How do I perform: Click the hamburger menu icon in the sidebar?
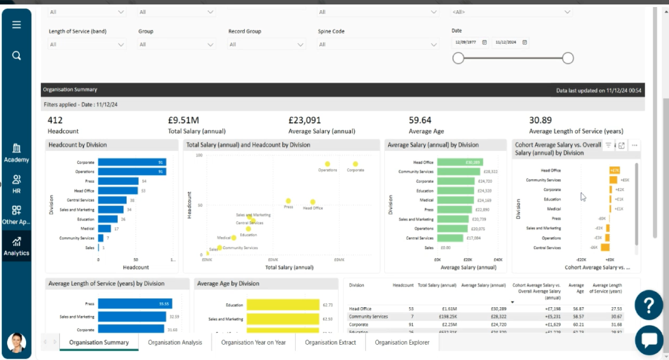pyautogui.click(x=17, y=25)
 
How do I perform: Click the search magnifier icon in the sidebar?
pyautogui.click(x=17, y=55)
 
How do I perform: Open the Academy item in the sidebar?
pyautogui.click(x=17, y=153)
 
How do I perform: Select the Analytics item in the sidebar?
pyautogui.click(x=17, y=246)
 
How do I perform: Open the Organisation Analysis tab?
pyautogui.click(x=175, y=342)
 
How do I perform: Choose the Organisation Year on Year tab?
pyautogui.click(x=253, y=342)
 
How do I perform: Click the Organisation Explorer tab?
pyautogui.click(x=402, y=342)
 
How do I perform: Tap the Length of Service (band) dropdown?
pyautogui.click(x=87, y=45)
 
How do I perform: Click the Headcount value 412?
pyautogui.click(x=55, y=120)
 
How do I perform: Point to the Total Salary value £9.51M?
pyautogui.click(x=183, y=120)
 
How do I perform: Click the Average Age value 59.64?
pyautogui.click(x=420, y=120)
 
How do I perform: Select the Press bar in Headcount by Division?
pyautogui.click(x=119, y=182)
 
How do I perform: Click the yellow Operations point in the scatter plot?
pyautogui.click(x=327, y=164)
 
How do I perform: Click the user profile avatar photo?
pyautogui.click(x=17, y=343)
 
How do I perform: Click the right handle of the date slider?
pyautogui.click(x=568, y=58)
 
